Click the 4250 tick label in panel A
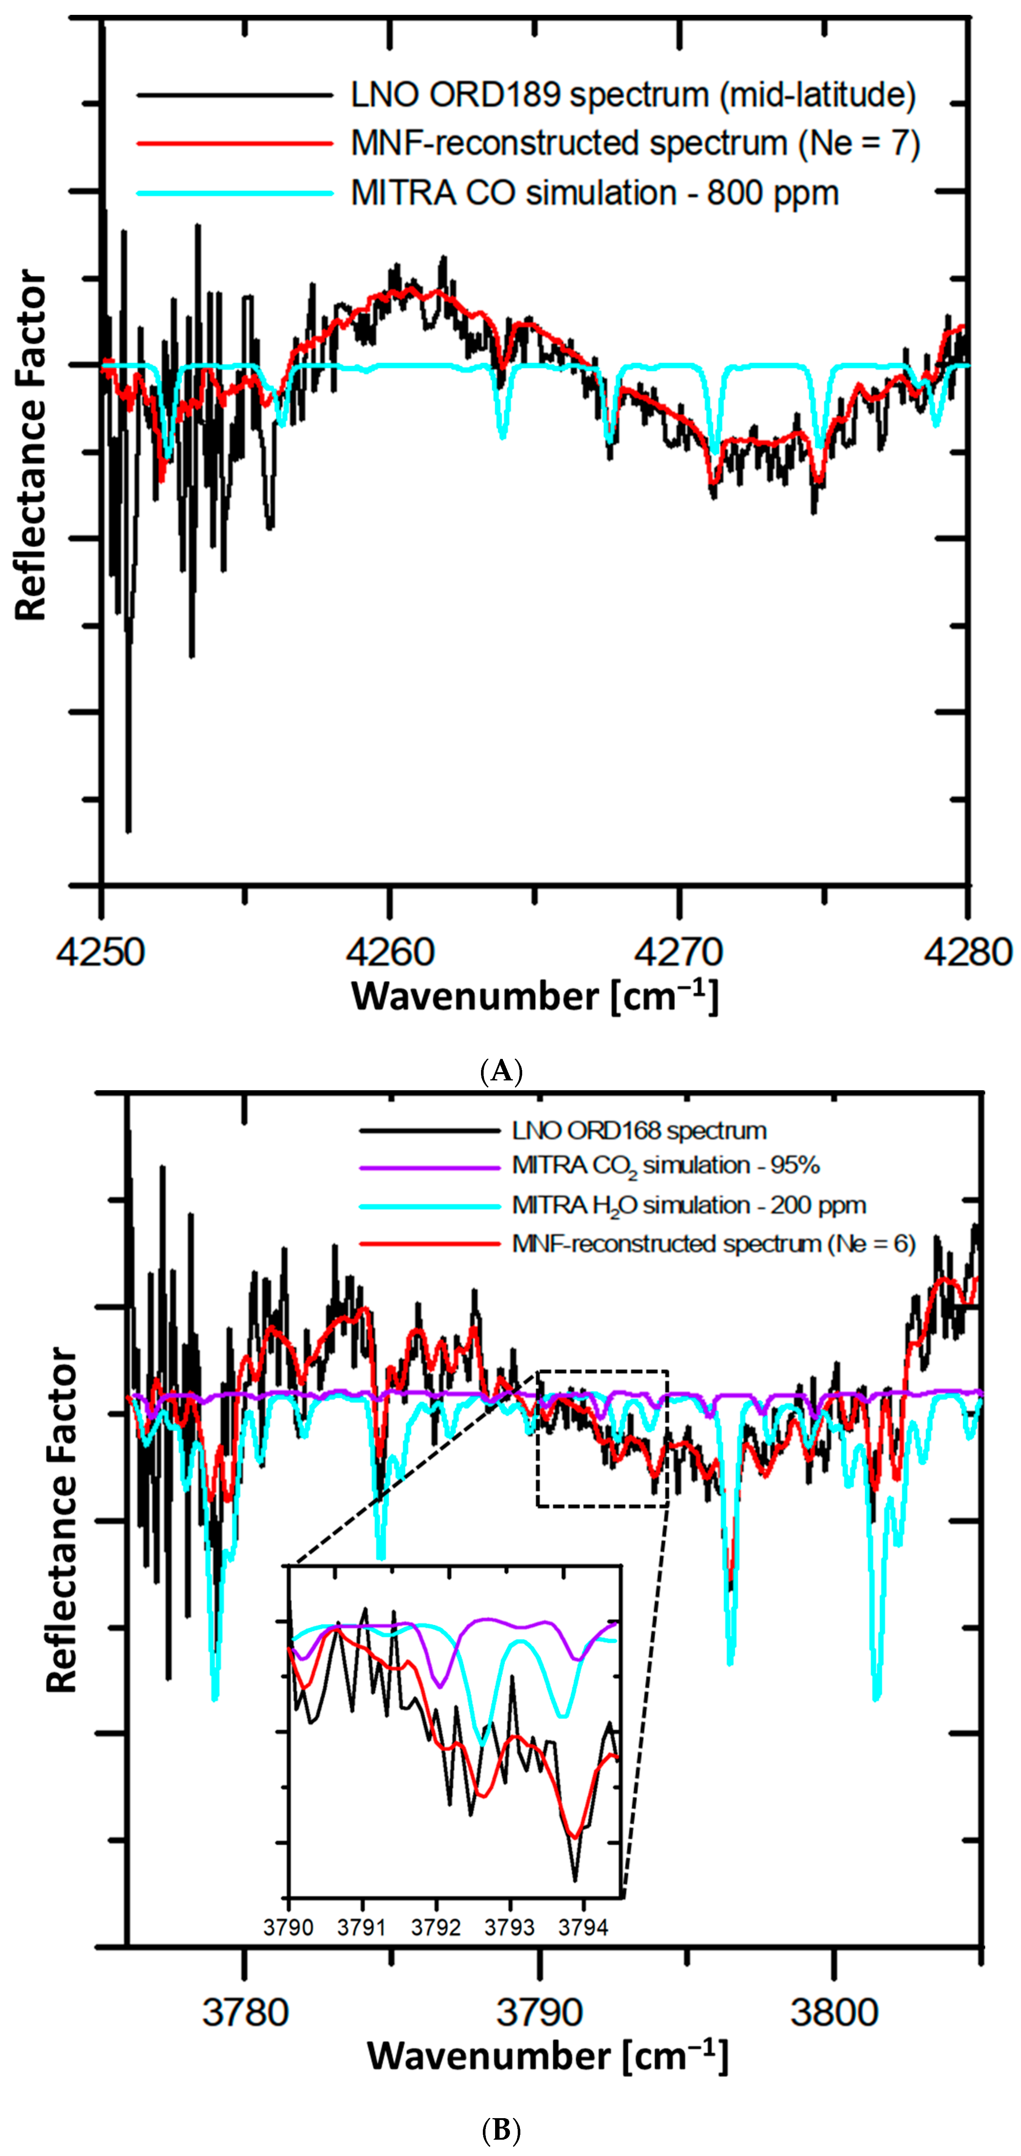[101, 952]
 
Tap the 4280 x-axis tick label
[968, 952]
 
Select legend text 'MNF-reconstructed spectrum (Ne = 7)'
[635, 144]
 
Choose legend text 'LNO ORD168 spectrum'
[639, 1131]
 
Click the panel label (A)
[502, 1071]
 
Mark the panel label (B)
[502, 2130]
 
